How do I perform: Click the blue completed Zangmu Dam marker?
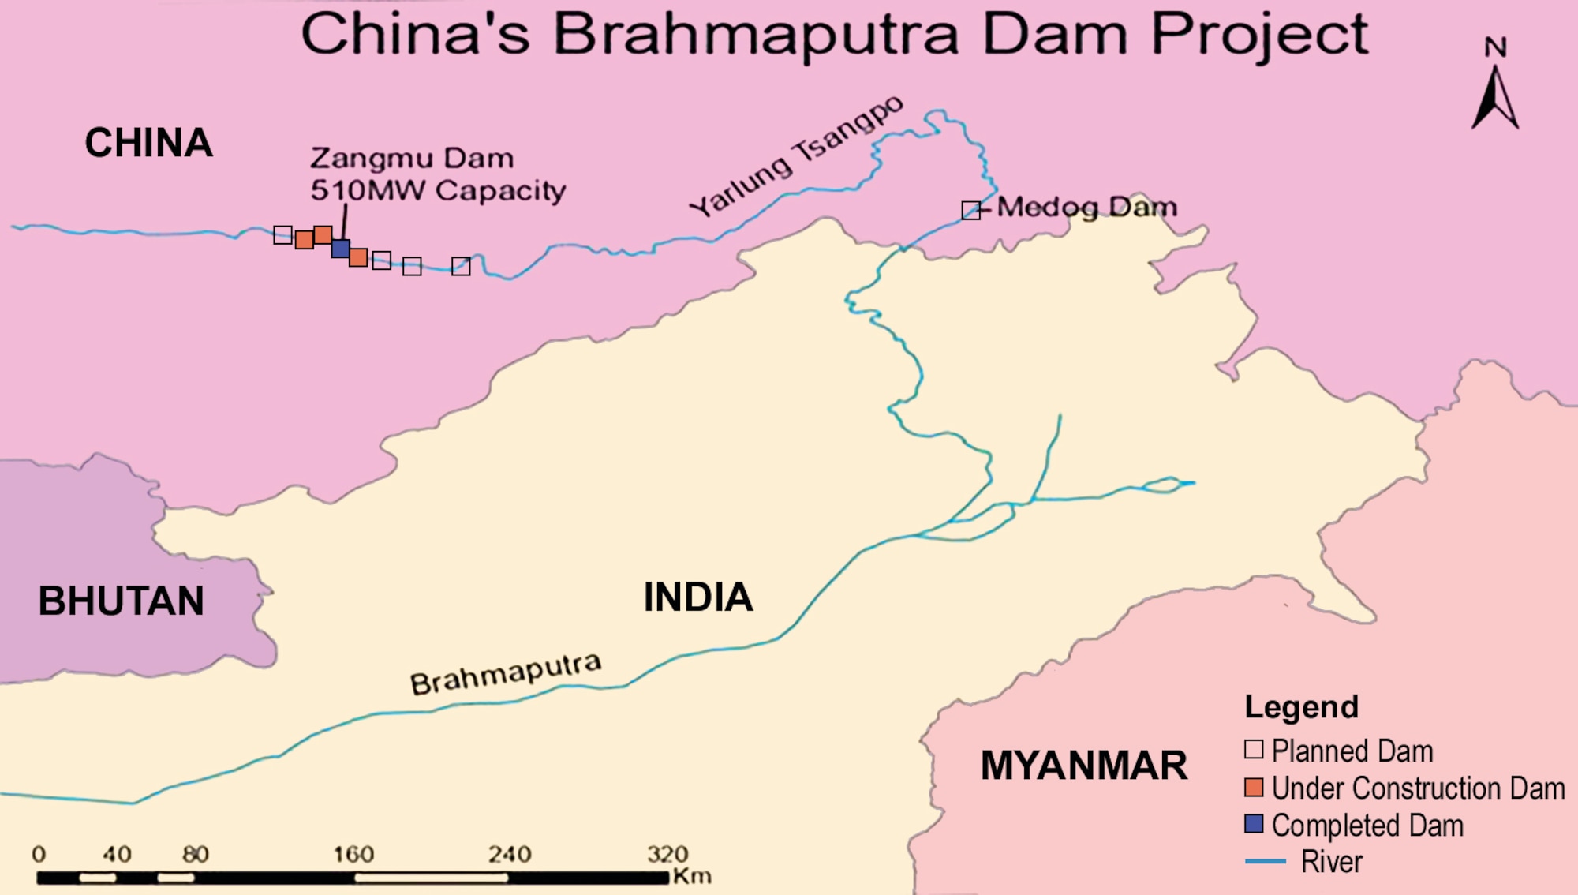340,249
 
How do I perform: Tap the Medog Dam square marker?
970,210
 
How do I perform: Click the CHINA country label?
148,144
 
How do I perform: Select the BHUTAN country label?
121,601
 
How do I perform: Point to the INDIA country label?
697,597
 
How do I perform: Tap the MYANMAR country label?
1083,766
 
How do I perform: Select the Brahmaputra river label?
505,674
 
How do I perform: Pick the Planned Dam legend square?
1254,749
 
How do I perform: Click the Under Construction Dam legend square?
1254,787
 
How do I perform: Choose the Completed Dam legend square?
1254,824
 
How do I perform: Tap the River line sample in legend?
1265,861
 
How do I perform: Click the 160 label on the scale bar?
353,854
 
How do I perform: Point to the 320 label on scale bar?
667,854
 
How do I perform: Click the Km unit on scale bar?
692,876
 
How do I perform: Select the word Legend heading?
1301,707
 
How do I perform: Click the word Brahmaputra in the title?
755,36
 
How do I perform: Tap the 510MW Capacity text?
438,190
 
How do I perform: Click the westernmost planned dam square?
282,234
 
